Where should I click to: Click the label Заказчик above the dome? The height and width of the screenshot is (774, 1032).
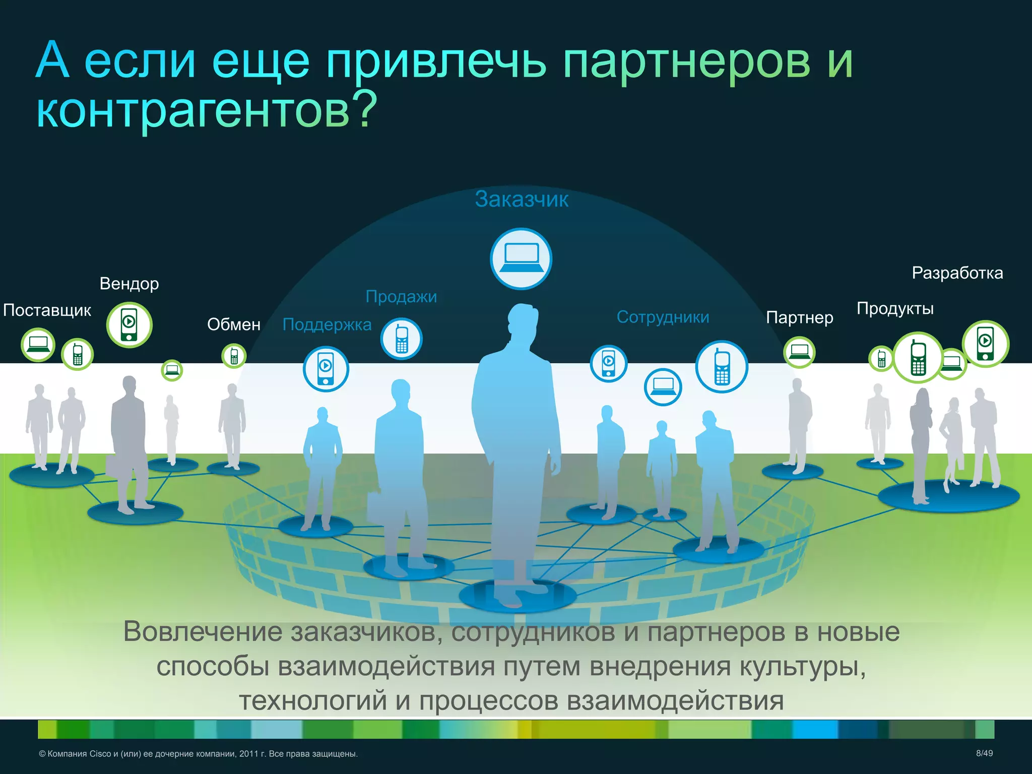tap(522, 199)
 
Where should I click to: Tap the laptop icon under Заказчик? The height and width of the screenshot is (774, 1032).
tap(521, 259)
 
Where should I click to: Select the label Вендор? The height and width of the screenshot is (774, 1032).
tap(129, 284)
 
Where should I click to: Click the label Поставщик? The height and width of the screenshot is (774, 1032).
tap(47, 310)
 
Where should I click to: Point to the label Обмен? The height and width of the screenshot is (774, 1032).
tap(234, 325)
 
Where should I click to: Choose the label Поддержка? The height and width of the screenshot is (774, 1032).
tap(327, 325)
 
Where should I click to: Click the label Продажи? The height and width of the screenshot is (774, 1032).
tap(401, 296)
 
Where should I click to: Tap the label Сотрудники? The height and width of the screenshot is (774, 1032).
tap(663, 317)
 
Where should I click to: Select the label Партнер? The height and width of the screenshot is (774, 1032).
tap(799, 317)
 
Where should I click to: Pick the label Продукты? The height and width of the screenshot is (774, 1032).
tap(895, 308)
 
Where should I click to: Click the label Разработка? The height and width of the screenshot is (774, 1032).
tap(957, 273)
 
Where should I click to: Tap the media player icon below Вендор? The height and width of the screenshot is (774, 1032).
tap(129, 325)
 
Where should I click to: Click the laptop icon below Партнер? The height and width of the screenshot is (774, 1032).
tap(799, 351)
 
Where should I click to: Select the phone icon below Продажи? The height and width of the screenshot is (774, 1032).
tap(401, 339)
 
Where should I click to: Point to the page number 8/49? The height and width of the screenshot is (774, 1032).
tap(984, 753)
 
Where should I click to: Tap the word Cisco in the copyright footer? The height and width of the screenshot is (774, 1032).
tap(100, 754)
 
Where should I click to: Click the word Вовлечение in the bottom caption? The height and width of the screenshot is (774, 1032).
tap(203, 631)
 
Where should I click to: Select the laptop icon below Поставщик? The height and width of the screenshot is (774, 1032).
tap(38, 344)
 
